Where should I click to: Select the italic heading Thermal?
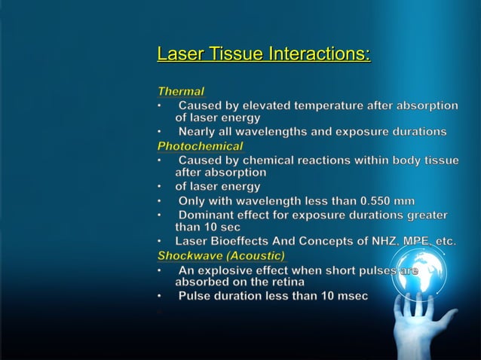point(180,91)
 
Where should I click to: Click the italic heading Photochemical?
point(200,146)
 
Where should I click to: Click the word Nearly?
point(198,132)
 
